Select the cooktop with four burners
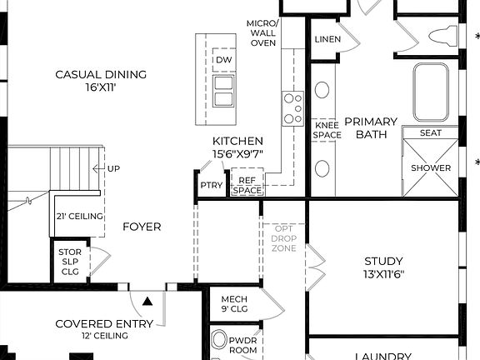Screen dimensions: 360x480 point(292,107)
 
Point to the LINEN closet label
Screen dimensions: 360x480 point(327,40)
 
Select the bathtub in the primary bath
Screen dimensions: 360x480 point(431,92)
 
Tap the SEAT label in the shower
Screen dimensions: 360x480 point(431,132)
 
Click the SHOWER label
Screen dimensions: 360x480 point(431,167)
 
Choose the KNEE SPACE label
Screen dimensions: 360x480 point(327,130)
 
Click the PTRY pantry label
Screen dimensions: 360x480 point(212,185)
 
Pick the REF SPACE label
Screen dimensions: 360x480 point(247,184)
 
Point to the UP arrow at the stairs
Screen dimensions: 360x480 point(107,168)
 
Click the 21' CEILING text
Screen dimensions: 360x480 point(80,216)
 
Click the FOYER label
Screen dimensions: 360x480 point(142,227)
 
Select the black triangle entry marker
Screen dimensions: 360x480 point(147,300)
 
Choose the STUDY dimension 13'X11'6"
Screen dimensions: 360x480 point(383,273)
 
